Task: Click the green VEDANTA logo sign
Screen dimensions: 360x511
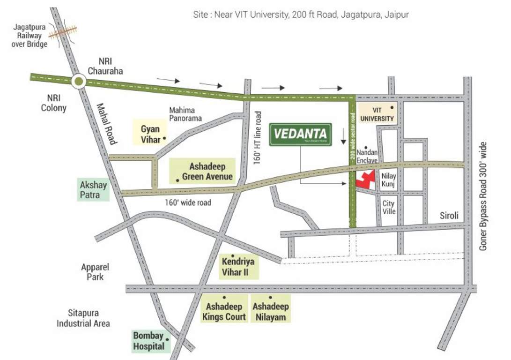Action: [301, 135]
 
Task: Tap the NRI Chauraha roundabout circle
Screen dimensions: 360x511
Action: [79, 82]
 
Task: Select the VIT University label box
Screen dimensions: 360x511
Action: [377, 113]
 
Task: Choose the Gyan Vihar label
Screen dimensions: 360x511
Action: [150, 134]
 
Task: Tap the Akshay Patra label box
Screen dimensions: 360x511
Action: [93, 189]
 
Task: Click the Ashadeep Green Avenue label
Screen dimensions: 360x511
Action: [204, 172]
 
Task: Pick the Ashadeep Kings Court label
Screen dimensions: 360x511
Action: [224, 311]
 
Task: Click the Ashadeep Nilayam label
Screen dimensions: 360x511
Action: [271, 311]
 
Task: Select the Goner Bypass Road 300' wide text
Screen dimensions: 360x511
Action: [484, 196]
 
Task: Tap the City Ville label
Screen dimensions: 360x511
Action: [389, 208]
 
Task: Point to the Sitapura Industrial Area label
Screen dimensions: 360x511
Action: [83, 318]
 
